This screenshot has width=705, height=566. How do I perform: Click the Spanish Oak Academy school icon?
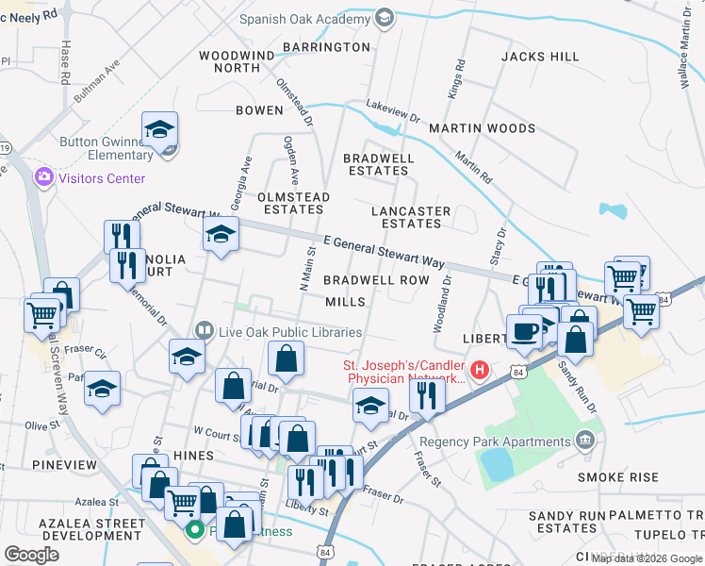point(384,18)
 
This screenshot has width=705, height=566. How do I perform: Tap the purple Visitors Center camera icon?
point(43,177)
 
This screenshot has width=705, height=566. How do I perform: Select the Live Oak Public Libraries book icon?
point(204,331)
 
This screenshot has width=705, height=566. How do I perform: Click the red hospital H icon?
point(480,369)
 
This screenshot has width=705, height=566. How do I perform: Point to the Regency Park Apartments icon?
point(586,440)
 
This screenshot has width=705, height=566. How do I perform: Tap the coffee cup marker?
point(524,331)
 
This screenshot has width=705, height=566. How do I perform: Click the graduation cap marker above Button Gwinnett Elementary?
point(160,129)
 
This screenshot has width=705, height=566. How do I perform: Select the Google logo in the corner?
point(31,555)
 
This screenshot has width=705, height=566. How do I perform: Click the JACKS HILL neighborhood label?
point(540,57)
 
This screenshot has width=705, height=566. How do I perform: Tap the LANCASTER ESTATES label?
point(411,217)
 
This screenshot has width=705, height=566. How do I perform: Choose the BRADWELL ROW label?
point(376,280)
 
